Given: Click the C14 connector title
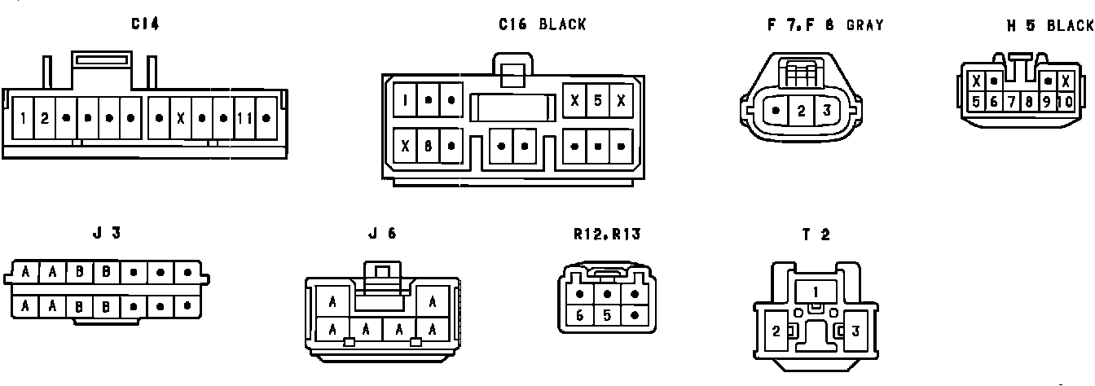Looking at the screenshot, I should pyautogui.click(x=145, y=24).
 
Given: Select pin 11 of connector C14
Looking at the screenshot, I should pyautogui.click(x=245, y=118).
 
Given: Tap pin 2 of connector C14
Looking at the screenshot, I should pyautogui.click(x=45, y=118).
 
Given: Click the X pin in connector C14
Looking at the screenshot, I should pyautogui.click(x=180, y=118).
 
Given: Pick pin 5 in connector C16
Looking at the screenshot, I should pyautogui.click(x=598, y=100).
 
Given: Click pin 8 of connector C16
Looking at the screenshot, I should pyautogui.click(x=428, y=147).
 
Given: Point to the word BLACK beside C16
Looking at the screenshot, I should pyautogui.click(x=562, y=24).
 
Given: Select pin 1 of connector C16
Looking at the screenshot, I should pyautogui.click(x=406, y=100).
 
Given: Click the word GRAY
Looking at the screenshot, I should pyautogui.click(x=864, y=24).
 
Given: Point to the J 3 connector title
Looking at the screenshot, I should pyautogui.click(x=107, y=233).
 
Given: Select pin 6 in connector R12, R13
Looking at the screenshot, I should pyautogui.click(x=580, y=315).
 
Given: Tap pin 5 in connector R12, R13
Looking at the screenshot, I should pyautogui.click(x=607, y=315).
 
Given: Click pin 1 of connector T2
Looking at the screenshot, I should pyautogui.click(x=816, y=290).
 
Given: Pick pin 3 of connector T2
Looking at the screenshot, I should pyautogui.click(x=855, y=331).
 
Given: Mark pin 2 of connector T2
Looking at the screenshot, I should pyautogui.click(x=776, y=331).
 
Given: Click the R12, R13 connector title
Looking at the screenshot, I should pyautogui.click(x=607, y=235).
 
